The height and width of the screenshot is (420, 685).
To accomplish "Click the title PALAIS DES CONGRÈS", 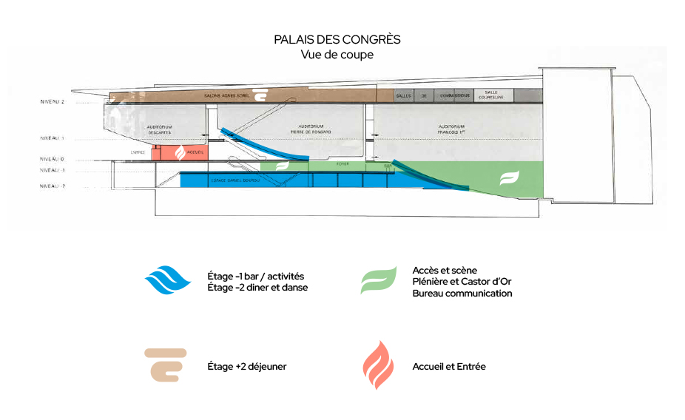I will tap(337, 40).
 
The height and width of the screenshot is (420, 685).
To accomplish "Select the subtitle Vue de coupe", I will tap(337, 55).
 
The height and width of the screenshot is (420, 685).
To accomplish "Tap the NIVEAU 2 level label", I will tap(53, 101).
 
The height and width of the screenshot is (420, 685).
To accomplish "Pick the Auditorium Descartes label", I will tap(160, 129).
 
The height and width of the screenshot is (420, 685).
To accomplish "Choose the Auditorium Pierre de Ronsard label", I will tap(311, 129).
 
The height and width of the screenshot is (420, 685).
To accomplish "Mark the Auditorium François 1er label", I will tap(451, 129).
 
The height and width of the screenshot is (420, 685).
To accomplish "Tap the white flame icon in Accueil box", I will tap(178, 152).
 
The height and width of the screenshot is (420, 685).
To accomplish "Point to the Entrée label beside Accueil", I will tap(138, 152).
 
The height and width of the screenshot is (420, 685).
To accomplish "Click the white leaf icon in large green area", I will tap(509, 178).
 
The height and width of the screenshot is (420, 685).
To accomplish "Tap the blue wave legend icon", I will tap(168, 280).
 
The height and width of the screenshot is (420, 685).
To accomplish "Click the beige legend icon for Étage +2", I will tap(166, 365).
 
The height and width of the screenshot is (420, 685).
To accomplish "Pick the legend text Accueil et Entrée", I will tap(449, 367).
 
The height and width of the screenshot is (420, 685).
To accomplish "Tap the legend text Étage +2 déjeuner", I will tap(247, 367).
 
